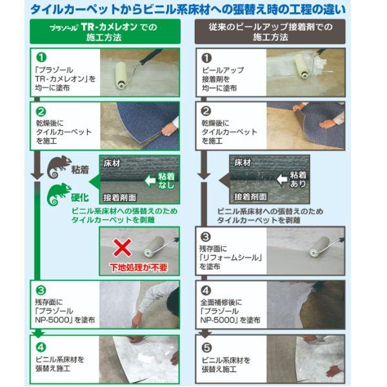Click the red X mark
tap(122, 247)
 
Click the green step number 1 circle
tap(41, 57)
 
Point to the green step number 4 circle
tap(41, 347)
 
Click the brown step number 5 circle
tap(206, 348)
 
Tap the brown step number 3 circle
tap(206, 237)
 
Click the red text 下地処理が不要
tap(139, 267)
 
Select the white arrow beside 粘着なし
tap(150, 181)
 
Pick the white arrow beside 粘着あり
tap(282, 179)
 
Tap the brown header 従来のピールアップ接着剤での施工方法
tap(270, 32)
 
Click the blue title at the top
tap(188, 10)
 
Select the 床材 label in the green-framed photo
tap(112, 163)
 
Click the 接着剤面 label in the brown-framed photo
tap(250, 197)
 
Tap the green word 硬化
tap(80, 197)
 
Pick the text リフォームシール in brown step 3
tap(231, 257)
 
